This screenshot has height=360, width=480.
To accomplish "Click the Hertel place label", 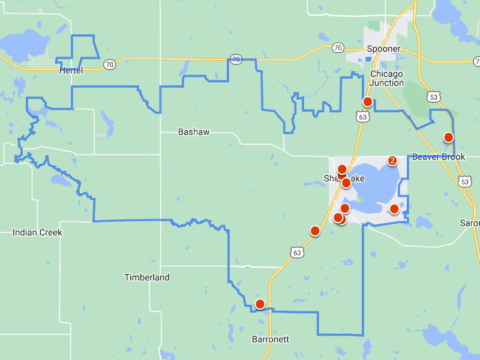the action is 71,71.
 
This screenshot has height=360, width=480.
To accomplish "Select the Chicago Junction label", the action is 387,78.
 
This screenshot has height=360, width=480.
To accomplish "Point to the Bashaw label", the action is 194,132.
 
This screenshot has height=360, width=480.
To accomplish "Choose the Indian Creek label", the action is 37,232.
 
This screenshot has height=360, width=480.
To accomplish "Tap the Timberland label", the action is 147,277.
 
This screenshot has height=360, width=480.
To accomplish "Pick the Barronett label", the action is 270,339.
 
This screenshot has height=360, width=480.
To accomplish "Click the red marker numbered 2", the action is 392,161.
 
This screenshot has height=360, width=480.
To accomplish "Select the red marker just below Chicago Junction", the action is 368,102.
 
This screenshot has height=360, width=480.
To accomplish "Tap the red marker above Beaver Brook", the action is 448,137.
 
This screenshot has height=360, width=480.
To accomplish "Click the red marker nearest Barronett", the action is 260,304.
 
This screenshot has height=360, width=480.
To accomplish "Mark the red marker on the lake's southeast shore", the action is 394,209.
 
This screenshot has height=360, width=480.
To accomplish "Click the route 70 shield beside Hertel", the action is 109,65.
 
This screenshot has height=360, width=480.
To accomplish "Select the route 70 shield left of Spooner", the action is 338,47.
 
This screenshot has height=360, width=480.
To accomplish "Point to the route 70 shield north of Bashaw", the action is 236,59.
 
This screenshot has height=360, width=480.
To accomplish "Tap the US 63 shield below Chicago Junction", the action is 362,117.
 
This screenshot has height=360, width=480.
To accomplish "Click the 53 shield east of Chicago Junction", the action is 434,96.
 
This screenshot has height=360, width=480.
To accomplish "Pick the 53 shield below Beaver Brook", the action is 464,181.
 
